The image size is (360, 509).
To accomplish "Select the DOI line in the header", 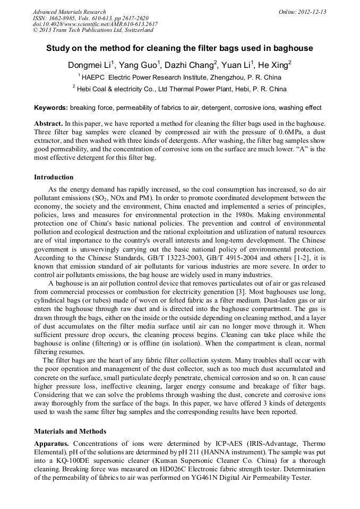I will click(x=95, y=24).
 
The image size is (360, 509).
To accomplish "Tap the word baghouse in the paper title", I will click(x=294, y=48).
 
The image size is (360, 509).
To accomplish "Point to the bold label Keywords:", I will click(x=51, y=108).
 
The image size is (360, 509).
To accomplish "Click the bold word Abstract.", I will click(x=49, y=123).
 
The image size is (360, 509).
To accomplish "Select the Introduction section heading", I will click(x=54, y=177).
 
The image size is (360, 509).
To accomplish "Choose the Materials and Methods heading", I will click(x=70, y=431).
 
